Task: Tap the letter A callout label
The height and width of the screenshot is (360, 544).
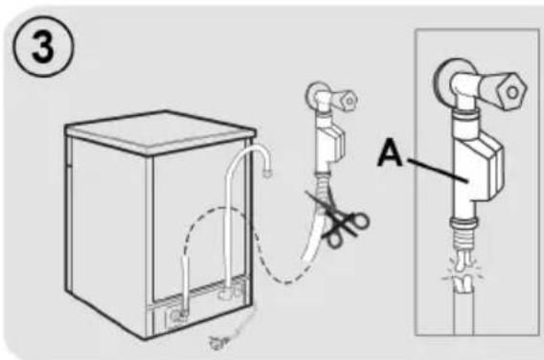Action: pos(391,152)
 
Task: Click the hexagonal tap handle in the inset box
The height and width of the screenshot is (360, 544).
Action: pos(511,92)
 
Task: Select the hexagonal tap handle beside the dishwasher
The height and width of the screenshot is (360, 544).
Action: pos(349,101)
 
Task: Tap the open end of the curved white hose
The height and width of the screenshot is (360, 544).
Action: pos(267,172)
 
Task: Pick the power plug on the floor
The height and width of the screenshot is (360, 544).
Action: pos(216,342)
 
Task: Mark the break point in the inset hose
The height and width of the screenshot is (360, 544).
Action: pos(463,273)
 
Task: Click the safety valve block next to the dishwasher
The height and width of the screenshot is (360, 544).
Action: pos(329,142)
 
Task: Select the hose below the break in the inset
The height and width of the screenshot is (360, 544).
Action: pos(464,312)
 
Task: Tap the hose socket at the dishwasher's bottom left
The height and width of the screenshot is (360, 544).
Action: pos(177,316)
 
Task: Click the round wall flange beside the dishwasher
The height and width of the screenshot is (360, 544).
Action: pos(315,93)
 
